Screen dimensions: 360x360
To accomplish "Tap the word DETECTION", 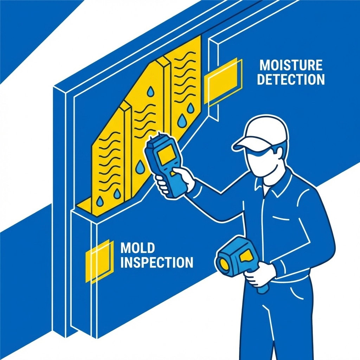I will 290,79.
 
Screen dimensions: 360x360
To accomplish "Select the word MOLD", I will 137,248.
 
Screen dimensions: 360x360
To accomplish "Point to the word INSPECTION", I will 156,263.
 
